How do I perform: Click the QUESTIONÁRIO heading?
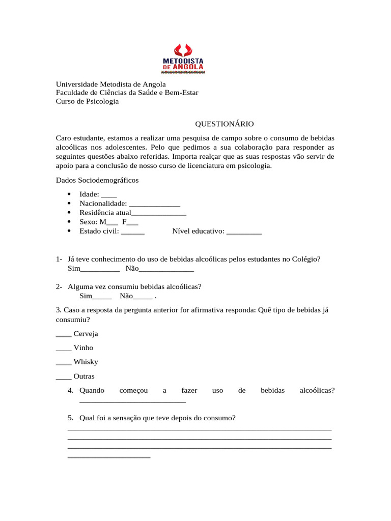(225, 124)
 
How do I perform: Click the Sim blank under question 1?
(100, 269)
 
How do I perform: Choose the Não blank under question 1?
(166, 269)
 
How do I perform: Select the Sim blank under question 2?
(102, 297)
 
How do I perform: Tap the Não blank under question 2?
(143, 297)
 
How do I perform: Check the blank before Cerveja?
(63, 335)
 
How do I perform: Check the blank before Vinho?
(63, 349)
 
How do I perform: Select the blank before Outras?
(63, 378)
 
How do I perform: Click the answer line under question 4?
(132, 401)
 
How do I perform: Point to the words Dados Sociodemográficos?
(97, 180)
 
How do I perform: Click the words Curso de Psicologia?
(87, 101)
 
